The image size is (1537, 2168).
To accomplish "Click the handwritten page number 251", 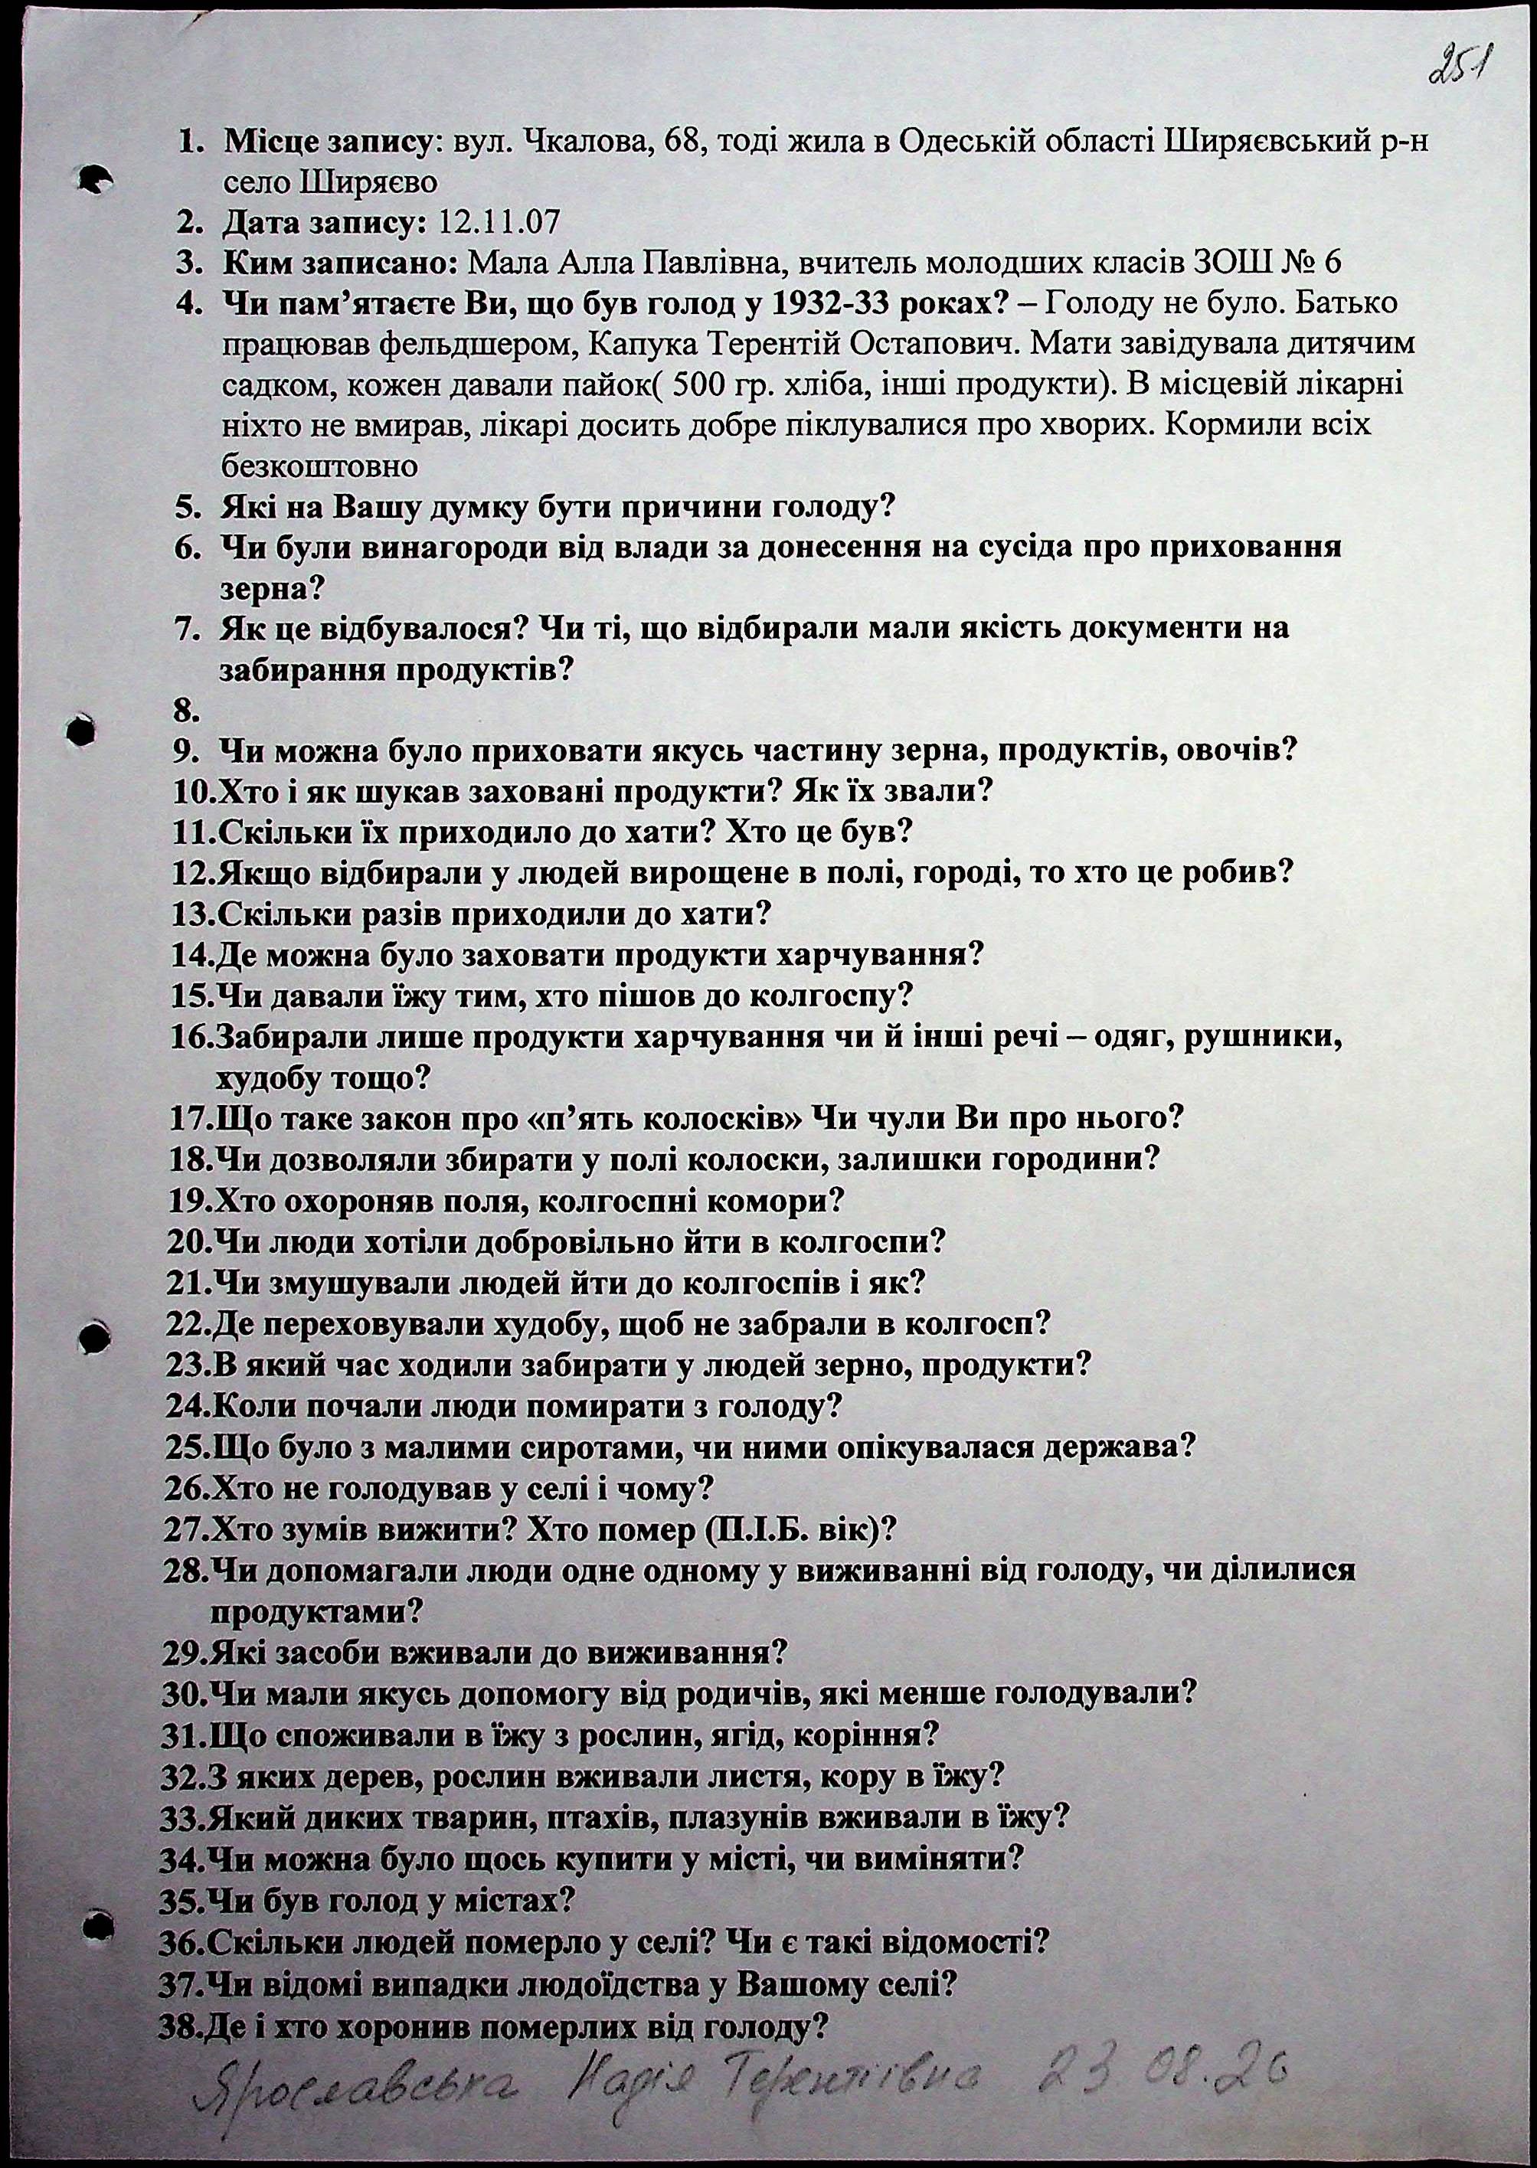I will coord(1457,69).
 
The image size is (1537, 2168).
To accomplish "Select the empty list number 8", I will coord(185,710).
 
